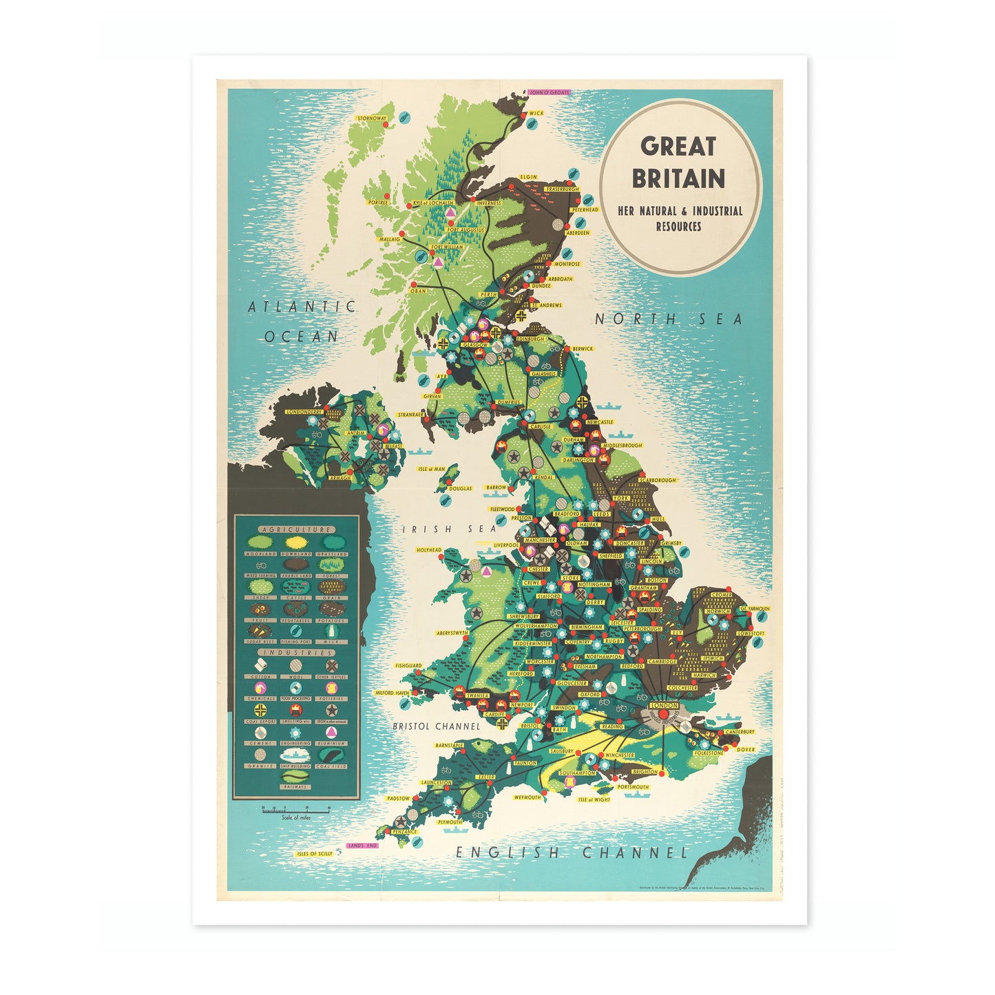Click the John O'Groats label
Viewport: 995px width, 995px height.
549,92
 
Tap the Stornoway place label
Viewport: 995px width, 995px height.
372,118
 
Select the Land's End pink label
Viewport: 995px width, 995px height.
362,845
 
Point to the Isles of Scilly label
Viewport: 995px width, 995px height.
315,854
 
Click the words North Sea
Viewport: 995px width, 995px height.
669,319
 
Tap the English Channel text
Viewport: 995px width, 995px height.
572,852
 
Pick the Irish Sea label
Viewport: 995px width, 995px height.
449,529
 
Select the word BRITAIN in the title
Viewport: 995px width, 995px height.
678,179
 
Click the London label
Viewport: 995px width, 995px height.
664,705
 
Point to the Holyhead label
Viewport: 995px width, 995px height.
429,550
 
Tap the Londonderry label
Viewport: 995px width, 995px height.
304,412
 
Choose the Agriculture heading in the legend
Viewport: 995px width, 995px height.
296,530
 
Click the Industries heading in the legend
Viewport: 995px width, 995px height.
296,652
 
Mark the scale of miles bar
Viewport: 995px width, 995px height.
295,810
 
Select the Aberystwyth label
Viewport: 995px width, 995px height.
452,633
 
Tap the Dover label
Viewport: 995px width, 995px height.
745,749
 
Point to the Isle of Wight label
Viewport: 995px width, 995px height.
594,799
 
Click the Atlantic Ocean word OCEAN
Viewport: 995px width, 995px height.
302,336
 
